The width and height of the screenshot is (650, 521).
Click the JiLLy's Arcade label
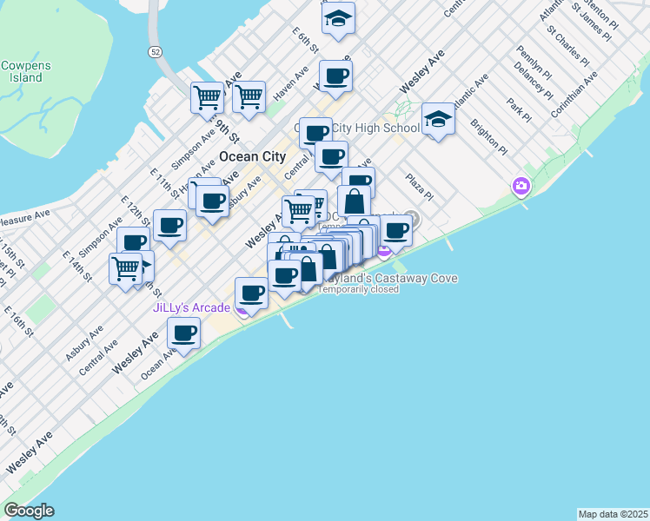[191, 307]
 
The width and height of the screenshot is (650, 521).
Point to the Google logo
[29, 511]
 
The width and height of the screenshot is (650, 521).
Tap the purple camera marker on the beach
[521, 186]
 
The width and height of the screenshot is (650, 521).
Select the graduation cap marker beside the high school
[438, 120]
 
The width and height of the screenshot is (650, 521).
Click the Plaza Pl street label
[419, 187]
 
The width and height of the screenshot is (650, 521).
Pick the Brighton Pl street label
[488, 137]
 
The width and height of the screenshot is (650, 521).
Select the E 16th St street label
[17, 320]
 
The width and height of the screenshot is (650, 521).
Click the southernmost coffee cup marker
[184, 333]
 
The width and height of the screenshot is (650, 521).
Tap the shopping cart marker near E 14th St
[126, 267]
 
